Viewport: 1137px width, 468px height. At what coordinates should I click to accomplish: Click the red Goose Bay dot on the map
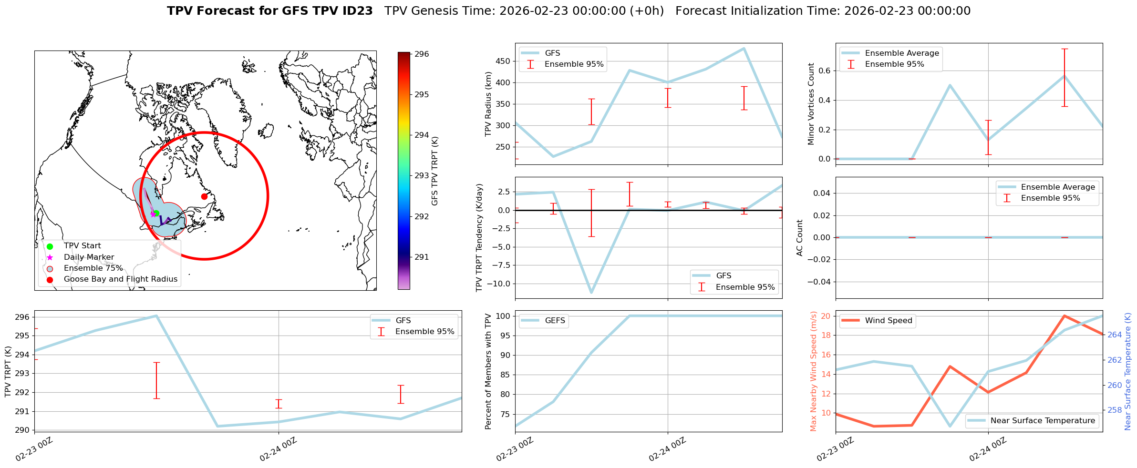click(204, 196)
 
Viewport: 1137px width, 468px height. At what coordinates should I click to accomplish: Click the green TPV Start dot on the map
click(156, 213)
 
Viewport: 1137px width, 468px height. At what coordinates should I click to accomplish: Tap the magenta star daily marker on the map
click(153, 214)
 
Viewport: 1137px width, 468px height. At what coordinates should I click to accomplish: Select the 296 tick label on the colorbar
click(422, 54)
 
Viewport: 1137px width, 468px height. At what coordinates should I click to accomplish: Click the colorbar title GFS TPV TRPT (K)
click(434, 171)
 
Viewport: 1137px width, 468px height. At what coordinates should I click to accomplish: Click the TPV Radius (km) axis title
click(488, 104)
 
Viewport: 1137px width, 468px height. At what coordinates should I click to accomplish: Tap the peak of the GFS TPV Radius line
click(744, 48)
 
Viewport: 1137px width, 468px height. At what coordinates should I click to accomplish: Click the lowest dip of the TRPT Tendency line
click(591, 292)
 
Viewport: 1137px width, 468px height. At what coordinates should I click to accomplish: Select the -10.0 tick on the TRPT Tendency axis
click(497, 284)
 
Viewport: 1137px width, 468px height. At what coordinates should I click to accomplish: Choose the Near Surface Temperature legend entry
click(1042, 421)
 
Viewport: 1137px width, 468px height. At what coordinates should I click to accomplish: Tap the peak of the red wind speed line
click(1064, 316)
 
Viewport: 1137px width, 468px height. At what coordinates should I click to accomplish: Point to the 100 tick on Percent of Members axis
click(504, 316)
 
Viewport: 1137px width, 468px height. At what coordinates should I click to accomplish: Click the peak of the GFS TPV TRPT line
click(156, 315)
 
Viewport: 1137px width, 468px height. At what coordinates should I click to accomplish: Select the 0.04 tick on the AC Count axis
click(819, 193)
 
